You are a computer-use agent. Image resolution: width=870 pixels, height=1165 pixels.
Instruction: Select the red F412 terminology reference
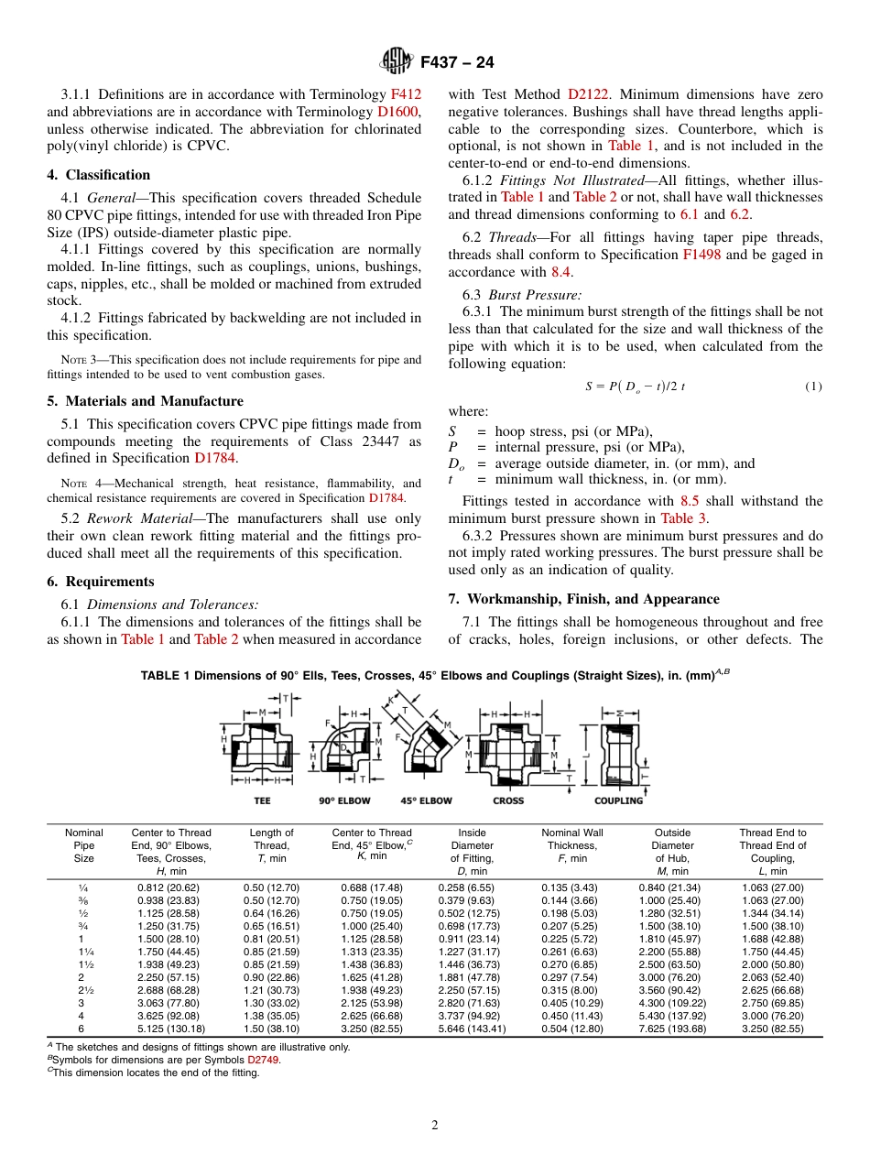pos(406,94)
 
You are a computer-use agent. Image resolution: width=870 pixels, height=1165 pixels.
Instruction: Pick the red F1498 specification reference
pos(701,255)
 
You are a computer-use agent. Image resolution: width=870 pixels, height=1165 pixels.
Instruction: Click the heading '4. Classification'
pos(99,175)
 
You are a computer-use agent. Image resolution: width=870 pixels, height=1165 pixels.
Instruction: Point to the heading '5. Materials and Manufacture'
pos(145,401)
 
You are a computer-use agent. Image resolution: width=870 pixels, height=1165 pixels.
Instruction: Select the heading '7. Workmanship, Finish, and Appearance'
pos(583,599)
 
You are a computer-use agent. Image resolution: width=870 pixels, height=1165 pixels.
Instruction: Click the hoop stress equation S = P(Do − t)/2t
pos(635,387)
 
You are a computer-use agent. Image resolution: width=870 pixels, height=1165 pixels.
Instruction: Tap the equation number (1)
pos(813,387)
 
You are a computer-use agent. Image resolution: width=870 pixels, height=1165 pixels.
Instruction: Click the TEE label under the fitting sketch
pos(262,800)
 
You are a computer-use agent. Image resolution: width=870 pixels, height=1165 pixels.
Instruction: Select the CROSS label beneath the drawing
pos(508,800)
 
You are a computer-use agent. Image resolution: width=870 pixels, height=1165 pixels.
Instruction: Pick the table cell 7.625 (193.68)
pos(672,1029)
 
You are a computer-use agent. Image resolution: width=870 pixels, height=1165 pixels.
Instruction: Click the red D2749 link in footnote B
pos(264,1060)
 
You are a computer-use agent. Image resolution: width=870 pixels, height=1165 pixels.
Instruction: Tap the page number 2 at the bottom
pos(435,1126)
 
